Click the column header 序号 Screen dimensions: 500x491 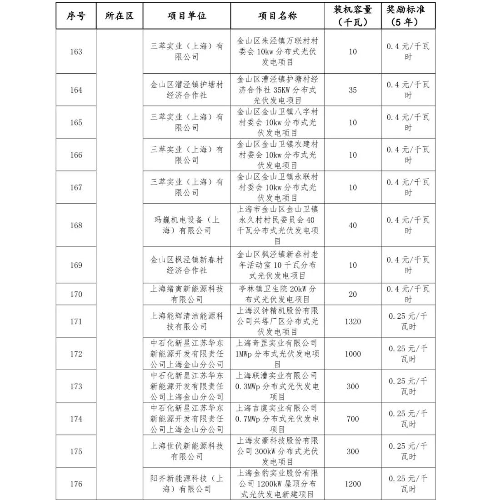tap(76, 16)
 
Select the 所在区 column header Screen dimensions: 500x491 tap(120, 16)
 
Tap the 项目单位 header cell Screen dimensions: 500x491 tap(187, 16)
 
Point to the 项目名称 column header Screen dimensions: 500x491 tap(277, 16)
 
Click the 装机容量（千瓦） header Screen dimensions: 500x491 tap(353, 16)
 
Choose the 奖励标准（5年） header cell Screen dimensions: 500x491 tap(408, 16)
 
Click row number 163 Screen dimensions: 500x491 tap(76, 51)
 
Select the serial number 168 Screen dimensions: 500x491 tap(76, 225)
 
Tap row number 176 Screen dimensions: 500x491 tap(76, 484)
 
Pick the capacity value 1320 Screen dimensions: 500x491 tap(353, 321)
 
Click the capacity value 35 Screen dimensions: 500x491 tap(353, 90)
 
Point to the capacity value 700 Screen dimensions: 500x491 tap(353, 419)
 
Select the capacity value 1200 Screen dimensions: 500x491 tap(353, 484)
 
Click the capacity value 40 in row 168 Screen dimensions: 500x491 tap(353, 225)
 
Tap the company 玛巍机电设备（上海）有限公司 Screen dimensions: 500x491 tap(187, 225)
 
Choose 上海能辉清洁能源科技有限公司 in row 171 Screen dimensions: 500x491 tap(187, 321)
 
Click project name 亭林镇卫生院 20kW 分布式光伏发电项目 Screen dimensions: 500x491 tap(277, 294)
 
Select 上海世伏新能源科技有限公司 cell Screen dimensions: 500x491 tap(187, 451)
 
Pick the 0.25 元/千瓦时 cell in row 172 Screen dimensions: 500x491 tap(408, 354)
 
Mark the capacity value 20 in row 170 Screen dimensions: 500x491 tap(353, 294)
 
